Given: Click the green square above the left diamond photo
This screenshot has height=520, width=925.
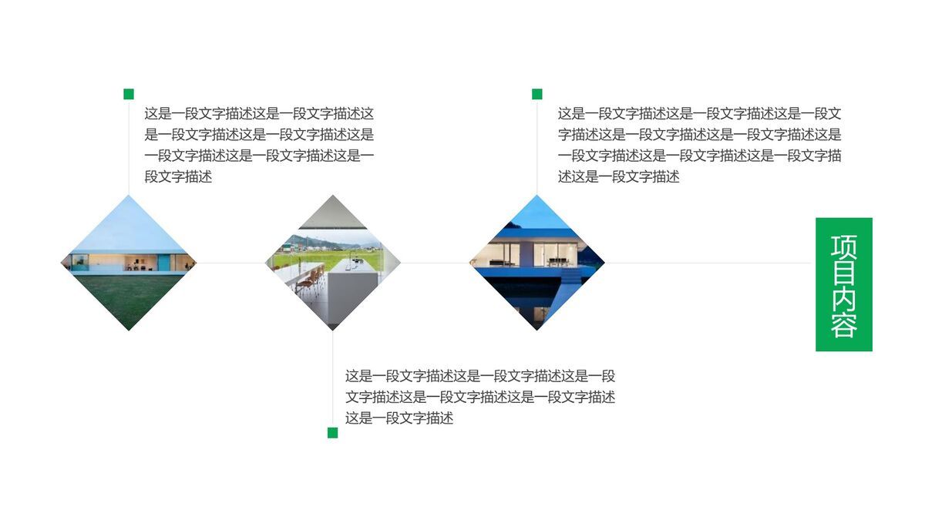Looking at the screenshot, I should click(129, 94).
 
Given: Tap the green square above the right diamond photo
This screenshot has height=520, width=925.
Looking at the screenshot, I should click(536, 94).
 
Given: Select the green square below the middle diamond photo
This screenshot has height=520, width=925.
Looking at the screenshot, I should click(332, 433).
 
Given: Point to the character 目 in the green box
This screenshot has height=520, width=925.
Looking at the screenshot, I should click(844, 272).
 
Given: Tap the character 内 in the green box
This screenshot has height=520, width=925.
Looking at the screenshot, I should click(844, 299).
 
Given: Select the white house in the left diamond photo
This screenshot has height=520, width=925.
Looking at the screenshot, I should click(129, 261).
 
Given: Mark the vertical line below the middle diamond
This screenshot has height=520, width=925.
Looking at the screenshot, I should click(332, 377).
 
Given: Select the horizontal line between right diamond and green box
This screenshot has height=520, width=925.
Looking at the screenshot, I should click(709, 263).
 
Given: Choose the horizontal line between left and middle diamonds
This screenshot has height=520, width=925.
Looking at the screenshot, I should click(230, 263).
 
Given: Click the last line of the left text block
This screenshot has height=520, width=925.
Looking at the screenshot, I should click(178, 177).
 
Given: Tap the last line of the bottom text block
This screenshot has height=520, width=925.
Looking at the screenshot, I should click(399, 418).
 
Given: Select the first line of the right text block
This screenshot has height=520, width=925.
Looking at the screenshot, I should click(699, 113).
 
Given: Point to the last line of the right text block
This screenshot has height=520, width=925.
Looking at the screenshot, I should click(618, 177).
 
